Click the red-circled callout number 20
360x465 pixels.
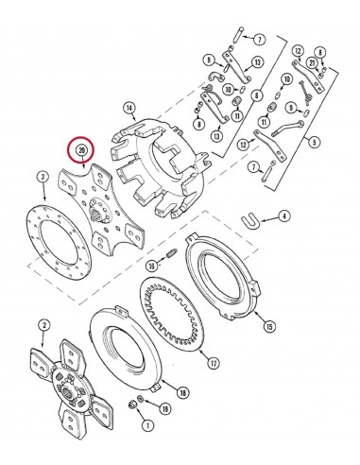(x=82, y=150)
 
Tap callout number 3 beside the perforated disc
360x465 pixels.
(x=43, y=177)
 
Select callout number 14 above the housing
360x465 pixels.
(x=129, y=108)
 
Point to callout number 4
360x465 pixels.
(x=283, y=217)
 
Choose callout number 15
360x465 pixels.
(x=270, y=326)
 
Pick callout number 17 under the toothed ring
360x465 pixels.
(x=214, y=363)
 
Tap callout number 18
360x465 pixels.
(x=182, y=392)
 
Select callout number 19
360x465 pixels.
(x=165, y=409)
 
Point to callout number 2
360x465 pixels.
(x=43, y=325)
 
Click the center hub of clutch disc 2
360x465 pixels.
(x=67, y=388)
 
